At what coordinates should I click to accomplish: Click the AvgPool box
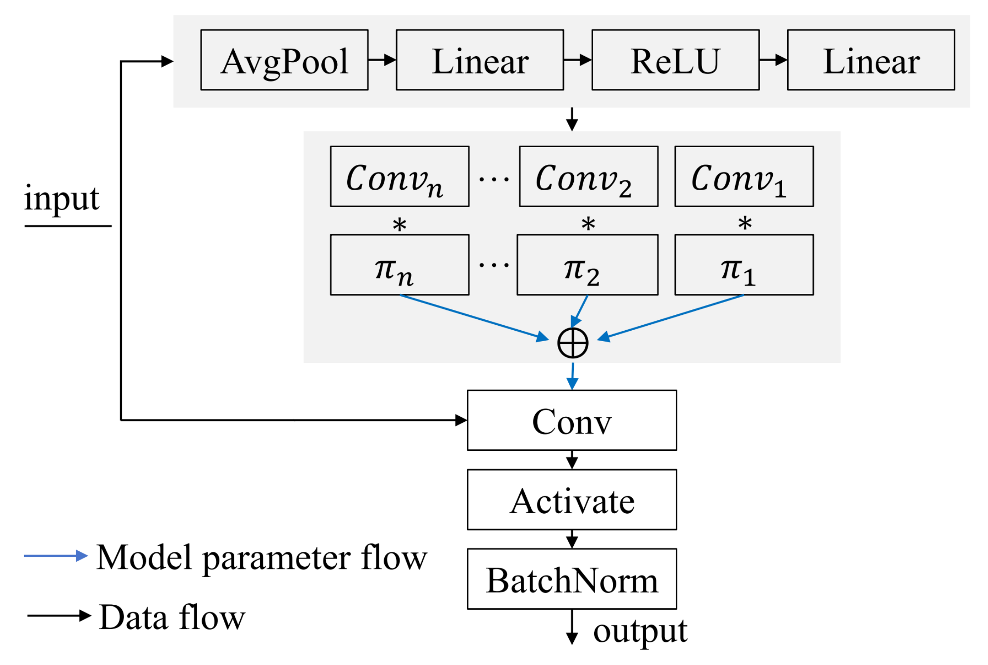(284, 60)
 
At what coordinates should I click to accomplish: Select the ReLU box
(675, 60)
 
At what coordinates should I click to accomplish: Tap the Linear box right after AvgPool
(479, 60)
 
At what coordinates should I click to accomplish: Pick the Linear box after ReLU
(871, 60)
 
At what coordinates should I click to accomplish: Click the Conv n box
(399, 176)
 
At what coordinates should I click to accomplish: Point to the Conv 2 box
(588, 176)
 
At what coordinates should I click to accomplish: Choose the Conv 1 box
(744, 176)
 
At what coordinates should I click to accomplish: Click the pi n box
(399, 265)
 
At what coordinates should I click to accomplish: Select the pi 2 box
(587, 265)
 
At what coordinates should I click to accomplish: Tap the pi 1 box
(744, 265)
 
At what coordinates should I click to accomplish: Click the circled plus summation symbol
(573, 343)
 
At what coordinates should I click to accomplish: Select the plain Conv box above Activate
(571, 420)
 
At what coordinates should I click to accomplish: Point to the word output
(640, 631)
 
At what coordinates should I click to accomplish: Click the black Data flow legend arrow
(58, 615)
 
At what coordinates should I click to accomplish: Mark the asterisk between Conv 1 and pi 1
(745, 223)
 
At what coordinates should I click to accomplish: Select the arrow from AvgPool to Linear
(382, 60)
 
